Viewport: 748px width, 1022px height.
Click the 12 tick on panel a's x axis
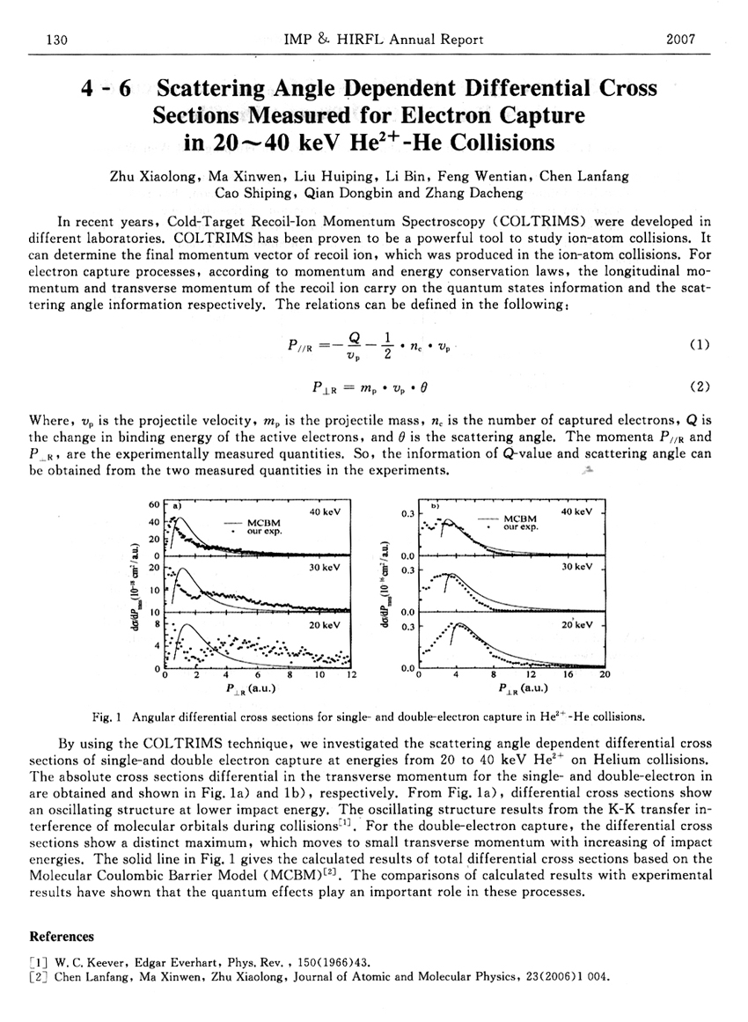[x=351, y=676]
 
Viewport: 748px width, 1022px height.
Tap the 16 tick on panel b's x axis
[x=568, y=676]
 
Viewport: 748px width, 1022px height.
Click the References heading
[x=62, y=937]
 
